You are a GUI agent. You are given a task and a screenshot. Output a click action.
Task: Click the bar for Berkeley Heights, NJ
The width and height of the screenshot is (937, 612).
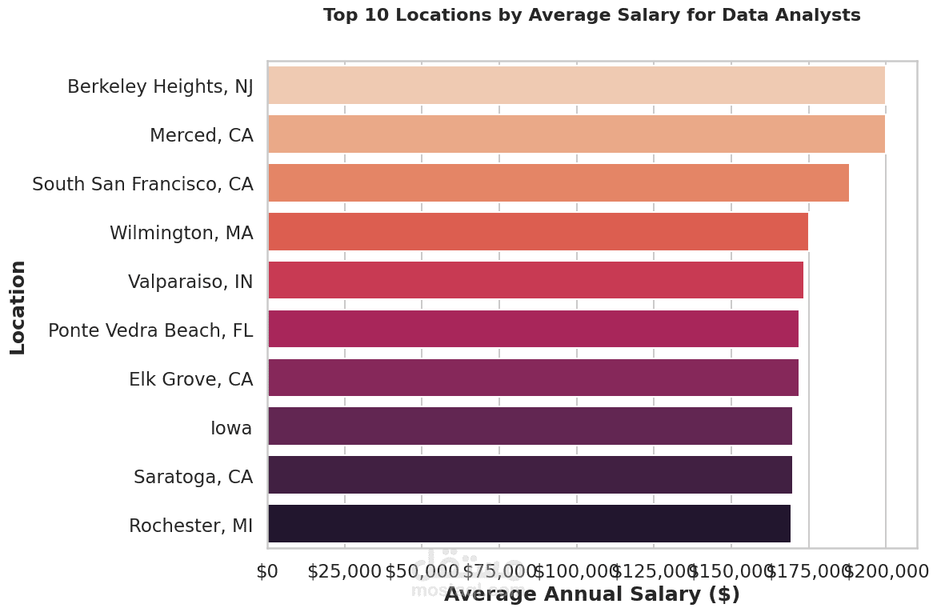pos(576,86)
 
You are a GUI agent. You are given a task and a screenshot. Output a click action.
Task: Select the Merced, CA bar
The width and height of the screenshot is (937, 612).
pos(576,134)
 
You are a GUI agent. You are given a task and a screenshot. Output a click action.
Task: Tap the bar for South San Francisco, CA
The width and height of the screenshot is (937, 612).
pos(559,183)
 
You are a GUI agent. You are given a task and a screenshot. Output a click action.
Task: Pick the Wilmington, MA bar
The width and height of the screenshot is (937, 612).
pos(538,232)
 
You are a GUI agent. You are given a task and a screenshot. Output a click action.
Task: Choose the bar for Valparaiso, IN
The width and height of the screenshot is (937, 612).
pos(535,281)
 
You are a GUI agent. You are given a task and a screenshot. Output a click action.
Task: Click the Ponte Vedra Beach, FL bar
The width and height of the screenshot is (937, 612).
pos(533,329)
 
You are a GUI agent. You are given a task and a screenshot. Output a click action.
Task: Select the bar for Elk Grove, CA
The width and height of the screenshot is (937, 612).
pos(533,378)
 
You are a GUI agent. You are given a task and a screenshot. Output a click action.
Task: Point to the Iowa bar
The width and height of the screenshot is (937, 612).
pos(530,426)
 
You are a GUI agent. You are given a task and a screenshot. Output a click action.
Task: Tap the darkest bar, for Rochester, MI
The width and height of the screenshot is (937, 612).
pos(529,524)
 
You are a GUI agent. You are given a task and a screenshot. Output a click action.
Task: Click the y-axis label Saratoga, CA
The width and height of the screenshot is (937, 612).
pos(193,478)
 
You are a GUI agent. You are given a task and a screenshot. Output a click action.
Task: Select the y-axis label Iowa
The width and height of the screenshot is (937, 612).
pos(231,429)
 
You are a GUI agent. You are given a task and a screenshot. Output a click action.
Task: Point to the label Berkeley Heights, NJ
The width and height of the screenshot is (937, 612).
pos(160,86)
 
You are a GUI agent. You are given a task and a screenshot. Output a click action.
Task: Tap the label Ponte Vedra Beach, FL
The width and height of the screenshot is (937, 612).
pos(150,330)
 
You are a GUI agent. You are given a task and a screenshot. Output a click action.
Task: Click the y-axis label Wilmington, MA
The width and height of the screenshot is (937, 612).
pos(181,234)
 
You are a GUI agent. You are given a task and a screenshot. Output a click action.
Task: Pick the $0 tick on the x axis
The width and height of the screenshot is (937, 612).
pos(267,571)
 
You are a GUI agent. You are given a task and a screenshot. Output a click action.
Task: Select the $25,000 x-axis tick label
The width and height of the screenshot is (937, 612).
pos(345,571)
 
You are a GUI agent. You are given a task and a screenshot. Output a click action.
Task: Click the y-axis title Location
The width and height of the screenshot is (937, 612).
pos(18,306)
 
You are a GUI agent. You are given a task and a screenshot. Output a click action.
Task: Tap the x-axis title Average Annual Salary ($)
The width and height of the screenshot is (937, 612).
pos(591,594)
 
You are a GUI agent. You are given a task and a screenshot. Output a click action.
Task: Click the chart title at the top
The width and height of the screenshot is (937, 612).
pos(591,15)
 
